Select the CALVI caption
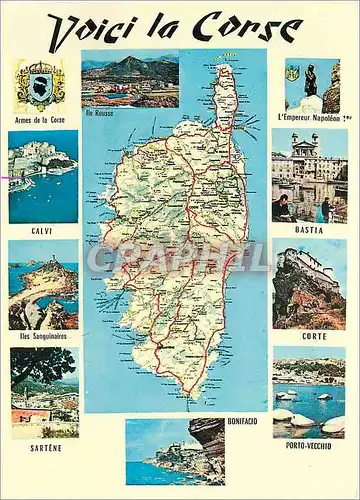(42, 230)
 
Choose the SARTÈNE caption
(44, 448)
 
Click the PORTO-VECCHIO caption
(308, 446)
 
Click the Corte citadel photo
(308, 286)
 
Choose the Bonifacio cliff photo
(175, 451)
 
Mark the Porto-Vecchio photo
(308, 394)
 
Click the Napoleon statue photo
(311, 85)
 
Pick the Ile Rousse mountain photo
(130, 78)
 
